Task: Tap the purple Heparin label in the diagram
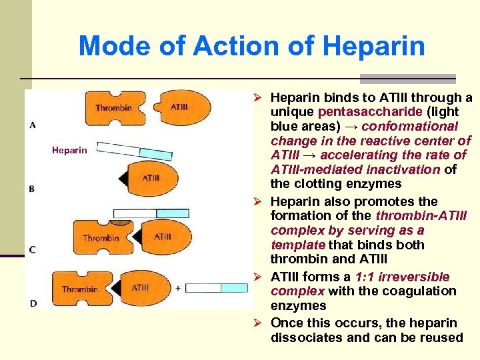point(69,151)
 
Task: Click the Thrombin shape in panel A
point(113,107)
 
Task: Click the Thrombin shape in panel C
point(101,237)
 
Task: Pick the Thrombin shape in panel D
point(81,289)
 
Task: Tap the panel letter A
point(33,125)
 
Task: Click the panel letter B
point(32,189)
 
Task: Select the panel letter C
point(33,249)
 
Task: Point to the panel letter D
point(33,303)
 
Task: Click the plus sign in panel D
point(178,288)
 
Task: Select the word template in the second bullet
point(295,245)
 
